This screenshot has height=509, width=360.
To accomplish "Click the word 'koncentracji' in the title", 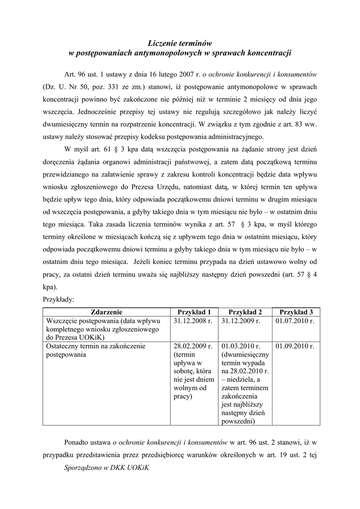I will click(x=269, y=52).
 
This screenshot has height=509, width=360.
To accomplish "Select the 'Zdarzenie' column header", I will click(x=106, y=312).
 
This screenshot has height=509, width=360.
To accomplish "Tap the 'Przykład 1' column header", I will click(x=194, y=312).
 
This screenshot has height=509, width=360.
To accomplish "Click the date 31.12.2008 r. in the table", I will click(x=193, y=321).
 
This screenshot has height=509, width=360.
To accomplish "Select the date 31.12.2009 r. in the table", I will click(x=241, y=321).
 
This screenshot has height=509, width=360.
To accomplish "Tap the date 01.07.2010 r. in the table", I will click(x=294, y=321).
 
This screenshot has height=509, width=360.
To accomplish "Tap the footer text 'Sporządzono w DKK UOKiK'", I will click(x=107, y=468).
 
